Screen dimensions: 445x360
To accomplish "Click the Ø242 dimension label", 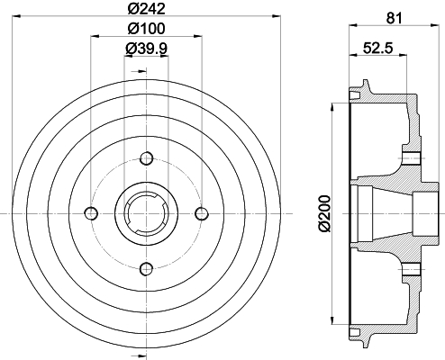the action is point(147,9).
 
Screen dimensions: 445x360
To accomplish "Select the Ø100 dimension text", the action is point(147,29).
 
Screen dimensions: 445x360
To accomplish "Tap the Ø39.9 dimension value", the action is point(146,48).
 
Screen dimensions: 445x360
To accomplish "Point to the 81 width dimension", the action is point(394,18).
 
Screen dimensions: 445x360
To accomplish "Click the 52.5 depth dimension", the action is point(378,48).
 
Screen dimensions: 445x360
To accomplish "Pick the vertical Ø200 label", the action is point(324,213).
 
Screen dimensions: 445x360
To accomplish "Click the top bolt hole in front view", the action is point(147,158).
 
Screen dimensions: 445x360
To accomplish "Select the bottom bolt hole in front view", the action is point(147,268).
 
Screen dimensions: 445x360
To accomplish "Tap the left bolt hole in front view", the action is point(91,213).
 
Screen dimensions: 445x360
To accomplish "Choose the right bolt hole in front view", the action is point(202,213).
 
